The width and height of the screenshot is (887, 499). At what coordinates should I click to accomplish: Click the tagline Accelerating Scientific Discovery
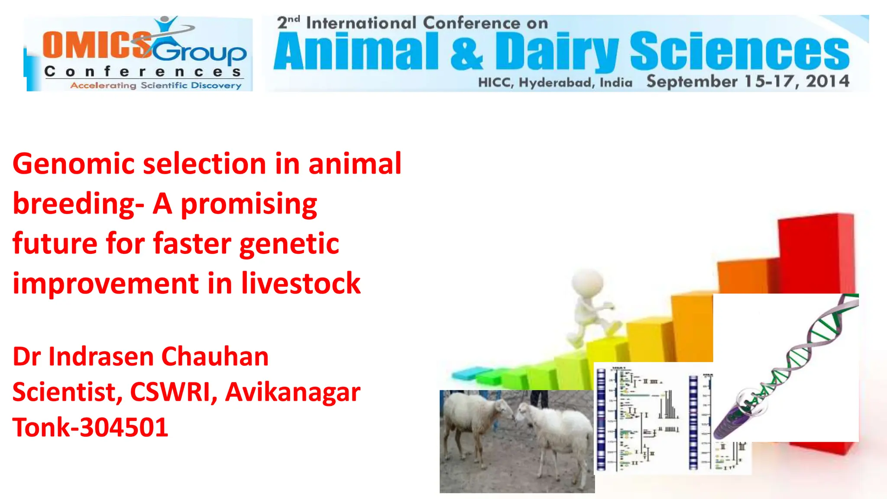(156, 85)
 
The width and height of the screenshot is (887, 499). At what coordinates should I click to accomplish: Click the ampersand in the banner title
(466, 53)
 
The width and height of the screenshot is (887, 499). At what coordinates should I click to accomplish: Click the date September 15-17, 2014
(748, 81)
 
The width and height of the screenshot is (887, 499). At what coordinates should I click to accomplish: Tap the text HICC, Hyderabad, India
(555, 82)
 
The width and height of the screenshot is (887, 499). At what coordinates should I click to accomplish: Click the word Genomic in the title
(74, 165)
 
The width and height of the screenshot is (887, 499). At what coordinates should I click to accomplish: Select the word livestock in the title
(301, 284)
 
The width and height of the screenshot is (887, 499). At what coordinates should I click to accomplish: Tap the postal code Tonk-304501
(90, 428)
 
